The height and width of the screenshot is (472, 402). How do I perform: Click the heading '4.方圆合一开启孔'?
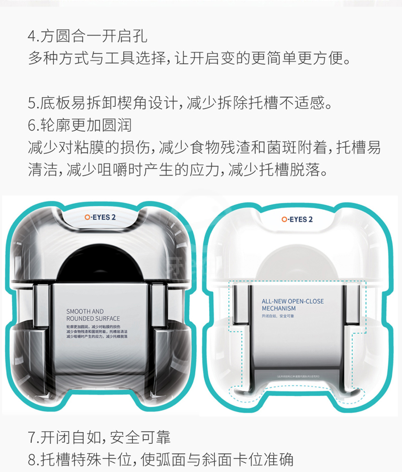click(x=87, y=36)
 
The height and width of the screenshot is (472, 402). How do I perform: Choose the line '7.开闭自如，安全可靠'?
click(x=99, y=437)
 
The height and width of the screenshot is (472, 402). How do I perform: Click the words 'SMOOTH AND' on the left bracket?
click(x=85, y=311)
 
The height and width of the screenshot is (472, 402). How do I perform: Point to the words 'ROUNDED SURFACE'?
click(x=93, y=318)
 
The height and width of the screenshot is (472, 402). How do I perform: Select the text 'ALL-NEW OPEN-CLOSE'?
click(x=292, y=301)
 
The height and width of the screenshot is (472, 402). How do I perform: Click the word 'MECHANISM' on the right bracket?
click(x=278, y=309)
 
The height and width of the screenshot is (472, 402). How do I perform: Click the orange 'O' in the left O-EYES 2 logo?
click(x=87, y=217)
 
